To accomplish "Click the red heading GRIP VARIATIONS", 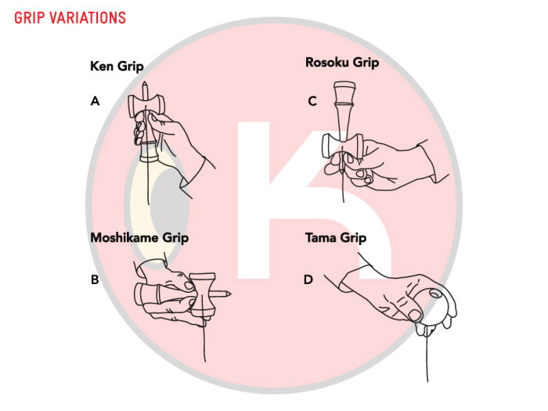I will [70, 16].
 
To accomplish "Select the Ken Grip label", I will [117, 67].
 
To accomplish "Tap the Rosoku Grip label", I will [341, 61].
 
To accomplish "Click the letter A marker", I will [95, 100].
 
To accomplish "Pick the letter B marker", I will [95, 279].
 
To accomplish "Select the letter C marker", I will [312, 100].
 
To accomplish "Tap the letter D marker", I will [308, 279].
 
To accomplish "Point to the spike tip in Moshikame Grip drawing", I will [229, 294].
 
